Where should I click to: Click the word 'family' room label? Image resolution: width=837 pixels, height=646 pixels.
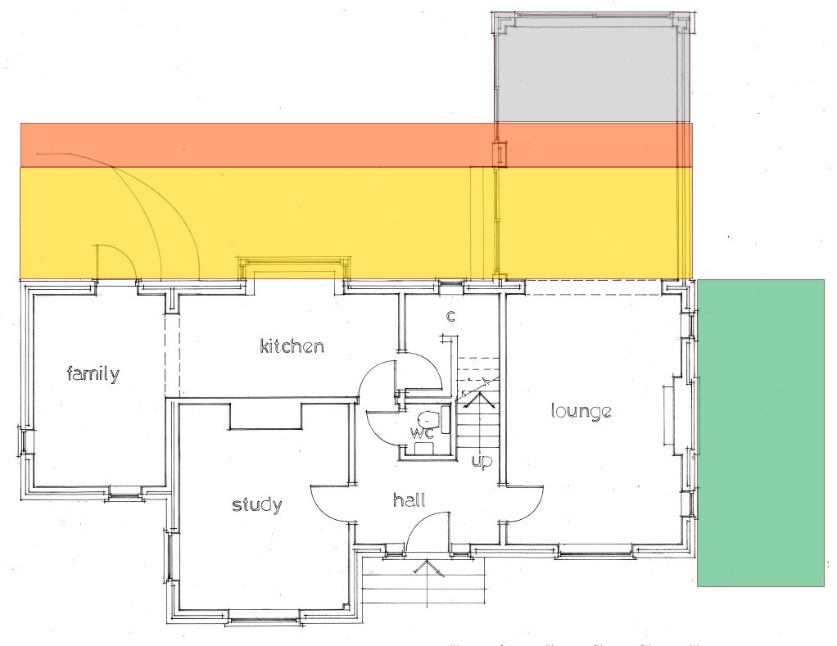click(x=93, y=373)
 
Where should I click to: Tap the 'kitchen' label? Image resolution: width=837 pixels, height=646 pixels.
click(x=292, y=346)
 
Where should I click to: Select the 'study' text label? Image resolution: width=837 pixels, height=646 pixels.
click(x=257, y=504)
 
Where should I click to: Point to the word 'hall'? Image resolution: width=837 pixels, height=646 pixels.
click(x=409, y=499)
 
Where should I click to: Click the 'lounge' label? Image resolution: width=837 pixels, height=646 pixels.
click(x=581, y=411)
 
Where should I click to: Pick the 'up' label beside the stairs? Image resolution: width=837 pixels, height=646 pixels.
click(x=482, y=461)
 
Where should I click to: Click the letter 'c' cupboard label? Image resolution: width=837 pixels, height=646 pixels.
click(x=450, y=316)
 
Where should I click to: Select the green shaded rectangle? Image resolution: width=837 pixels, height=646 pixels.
click(x=761, y=432)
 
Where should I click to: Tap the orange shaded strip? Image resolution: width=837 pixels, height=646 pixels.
click(x=356, y=145)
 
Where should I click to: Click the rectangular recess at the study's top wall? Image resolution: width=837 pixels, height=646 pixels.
click(x=266, y=417)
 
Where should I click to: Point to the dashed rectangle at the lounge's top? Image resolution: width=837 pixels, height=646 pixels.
click(x=592, y=287)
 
